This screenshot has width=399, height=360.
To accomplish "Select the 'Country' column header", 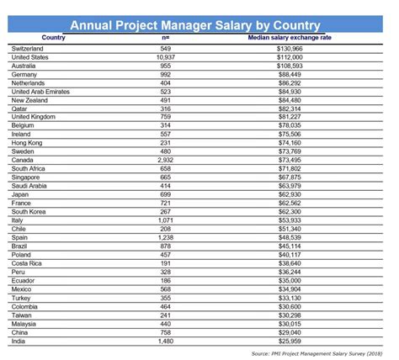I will point(53,38).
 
